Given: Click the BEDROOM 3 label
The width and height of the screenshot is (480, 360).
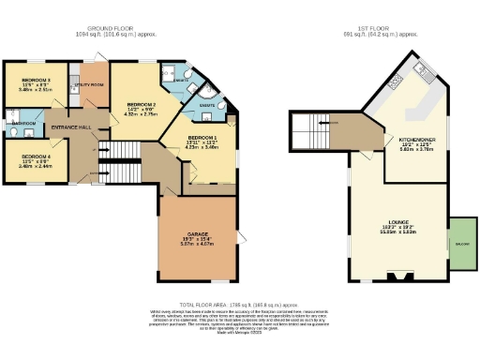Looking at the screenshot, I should coord(34,80).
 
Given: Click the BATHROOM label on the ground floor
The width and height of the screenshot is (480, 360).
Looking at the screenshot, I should coord(23,123).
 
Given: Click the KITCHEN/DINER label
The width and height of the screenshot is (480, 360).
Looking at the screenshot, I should coord(415,136).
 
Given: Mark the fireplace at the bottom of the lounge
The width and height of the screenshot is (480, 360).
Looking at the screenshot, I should coord(397,276).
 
